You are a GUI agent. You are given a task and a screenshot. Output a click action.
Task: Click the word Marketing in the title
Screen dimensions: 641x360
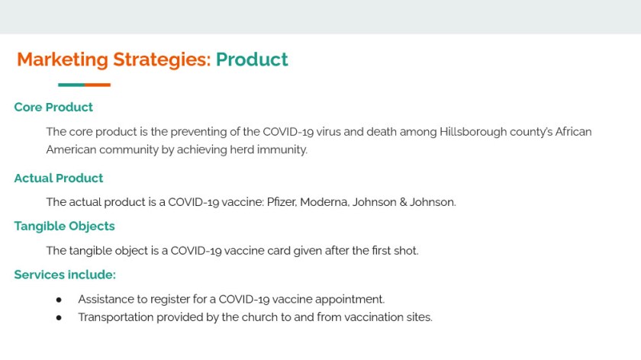point(63,60)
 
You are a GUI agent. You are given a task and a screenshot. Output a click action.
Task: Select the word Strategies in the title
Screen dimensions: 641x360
point(162,60)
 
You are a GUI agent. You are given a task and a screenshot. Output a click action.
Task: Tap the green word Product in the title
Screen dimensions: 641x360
point(252,59)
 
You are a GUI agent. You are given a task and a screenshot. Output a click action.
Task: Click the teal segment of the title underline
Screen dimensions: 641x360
point(71,85)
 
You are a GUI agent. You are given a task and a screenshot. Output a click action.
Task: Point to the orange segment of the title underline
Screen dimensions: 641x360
point(98,85)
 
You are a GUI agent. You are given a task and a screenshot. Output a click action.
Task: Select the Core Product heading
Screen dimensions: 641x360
point(53,107)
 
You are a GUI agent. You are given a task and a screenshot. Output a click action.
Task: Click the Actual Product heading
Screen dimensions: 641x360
point(59,178)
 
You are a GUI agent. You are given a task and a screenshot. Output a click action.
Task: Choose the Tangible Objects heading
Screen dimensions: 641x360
point(65,227)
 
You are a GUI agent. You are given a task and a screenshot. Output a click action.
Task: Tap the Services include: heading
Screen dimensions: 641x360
point(65,275)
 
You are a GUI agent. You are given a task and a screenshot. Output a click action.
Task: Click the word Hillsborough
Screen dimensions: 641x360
point(473,132)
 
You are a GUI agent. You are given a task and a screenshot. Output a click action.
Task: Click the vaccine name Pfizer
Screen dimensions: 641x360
point(282,202)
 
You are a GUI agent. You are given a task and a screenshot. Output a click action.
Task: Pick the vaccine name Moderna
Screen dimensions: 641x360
point(324,202)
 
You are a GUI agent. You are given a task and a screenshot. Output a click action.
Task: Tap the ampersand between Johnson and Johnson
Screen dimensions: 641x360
point(403,202)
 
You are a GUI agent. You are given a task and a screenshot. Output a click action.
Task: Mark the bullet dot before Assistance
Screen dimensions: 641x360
point(59,300)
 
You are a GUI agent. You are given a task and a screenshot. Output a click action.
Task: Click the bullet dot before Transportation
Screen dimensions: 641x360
point(59,317)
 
